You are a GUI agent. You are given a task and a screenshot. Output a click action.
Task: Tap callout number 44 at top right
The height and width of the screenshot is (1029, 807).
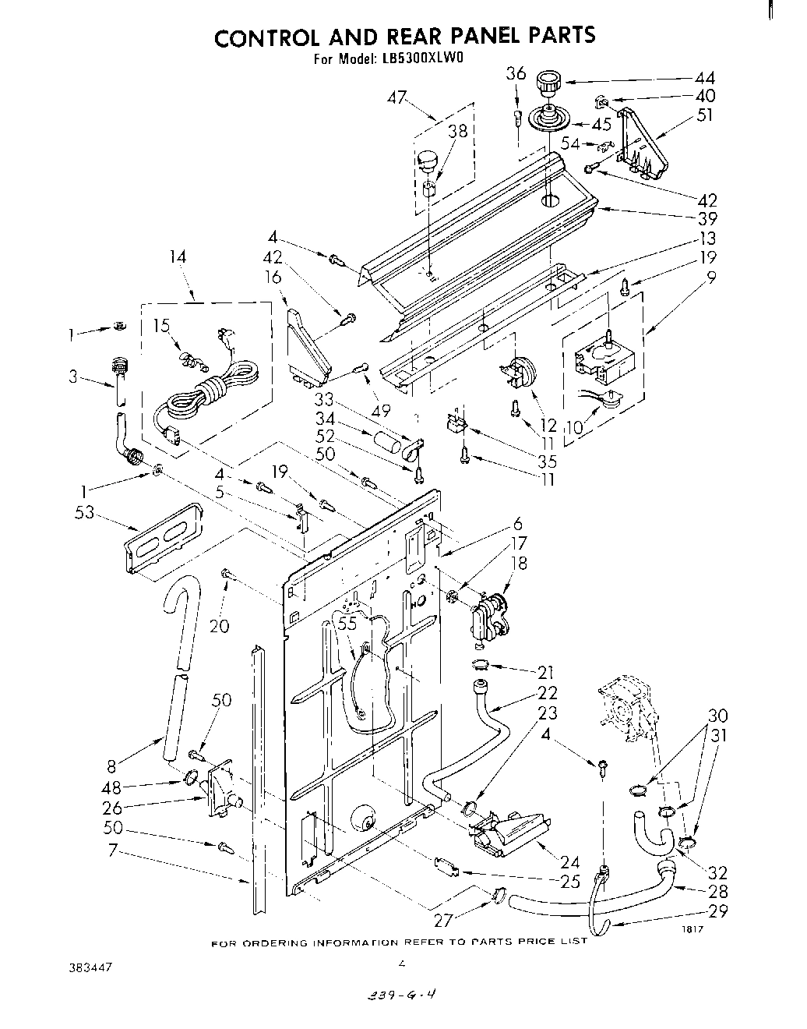(x=704, y=77)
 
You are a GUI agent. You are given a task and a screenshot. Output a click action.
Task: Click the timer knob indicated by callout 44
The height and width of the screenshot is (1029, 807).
(x=550, y=80)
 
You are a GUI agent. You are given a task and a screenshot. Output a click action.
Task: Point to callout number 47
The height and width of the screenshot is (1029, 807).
(x=398, y=97)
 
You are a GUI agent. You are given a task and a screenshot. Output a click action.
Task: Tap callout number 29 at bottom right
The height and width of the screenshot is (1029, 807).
(x=719, y=911)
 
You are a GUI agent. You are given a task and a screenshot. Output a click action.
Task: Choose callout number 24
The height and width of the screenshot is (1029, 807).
(x=569, y=861)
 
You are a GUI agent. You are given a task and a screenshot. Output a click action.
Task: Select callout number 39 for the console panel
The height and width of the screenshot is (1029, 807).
(x=707, y=219)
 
